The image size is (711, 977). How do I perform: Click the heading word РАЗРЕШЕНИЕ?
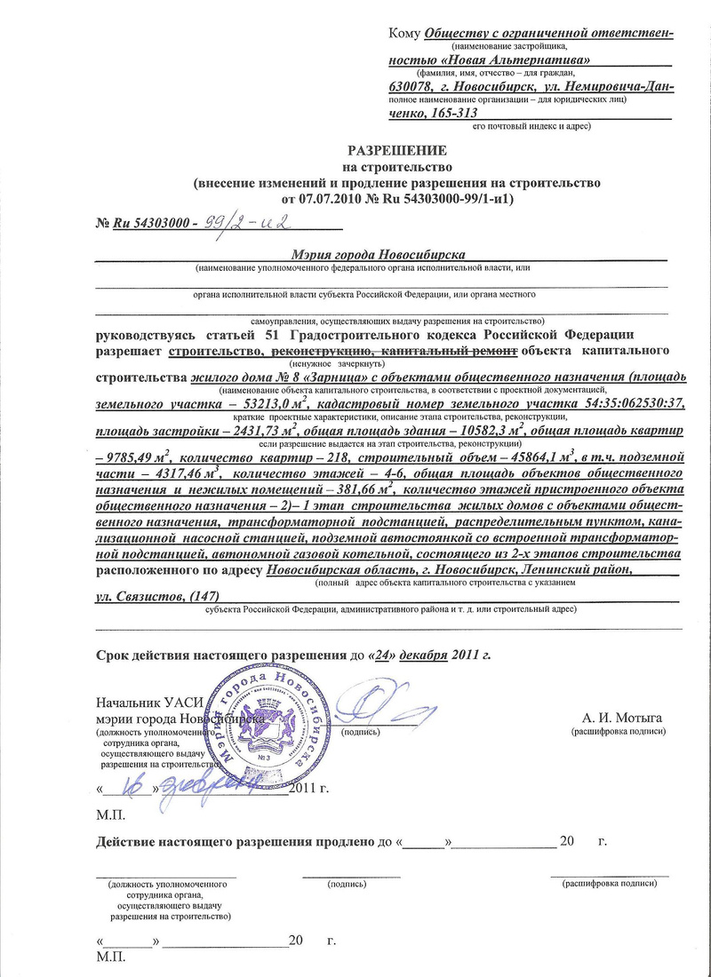(x=396, y=150)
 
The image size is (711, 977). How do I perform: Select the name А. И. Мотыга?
(x=621, y=718)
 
